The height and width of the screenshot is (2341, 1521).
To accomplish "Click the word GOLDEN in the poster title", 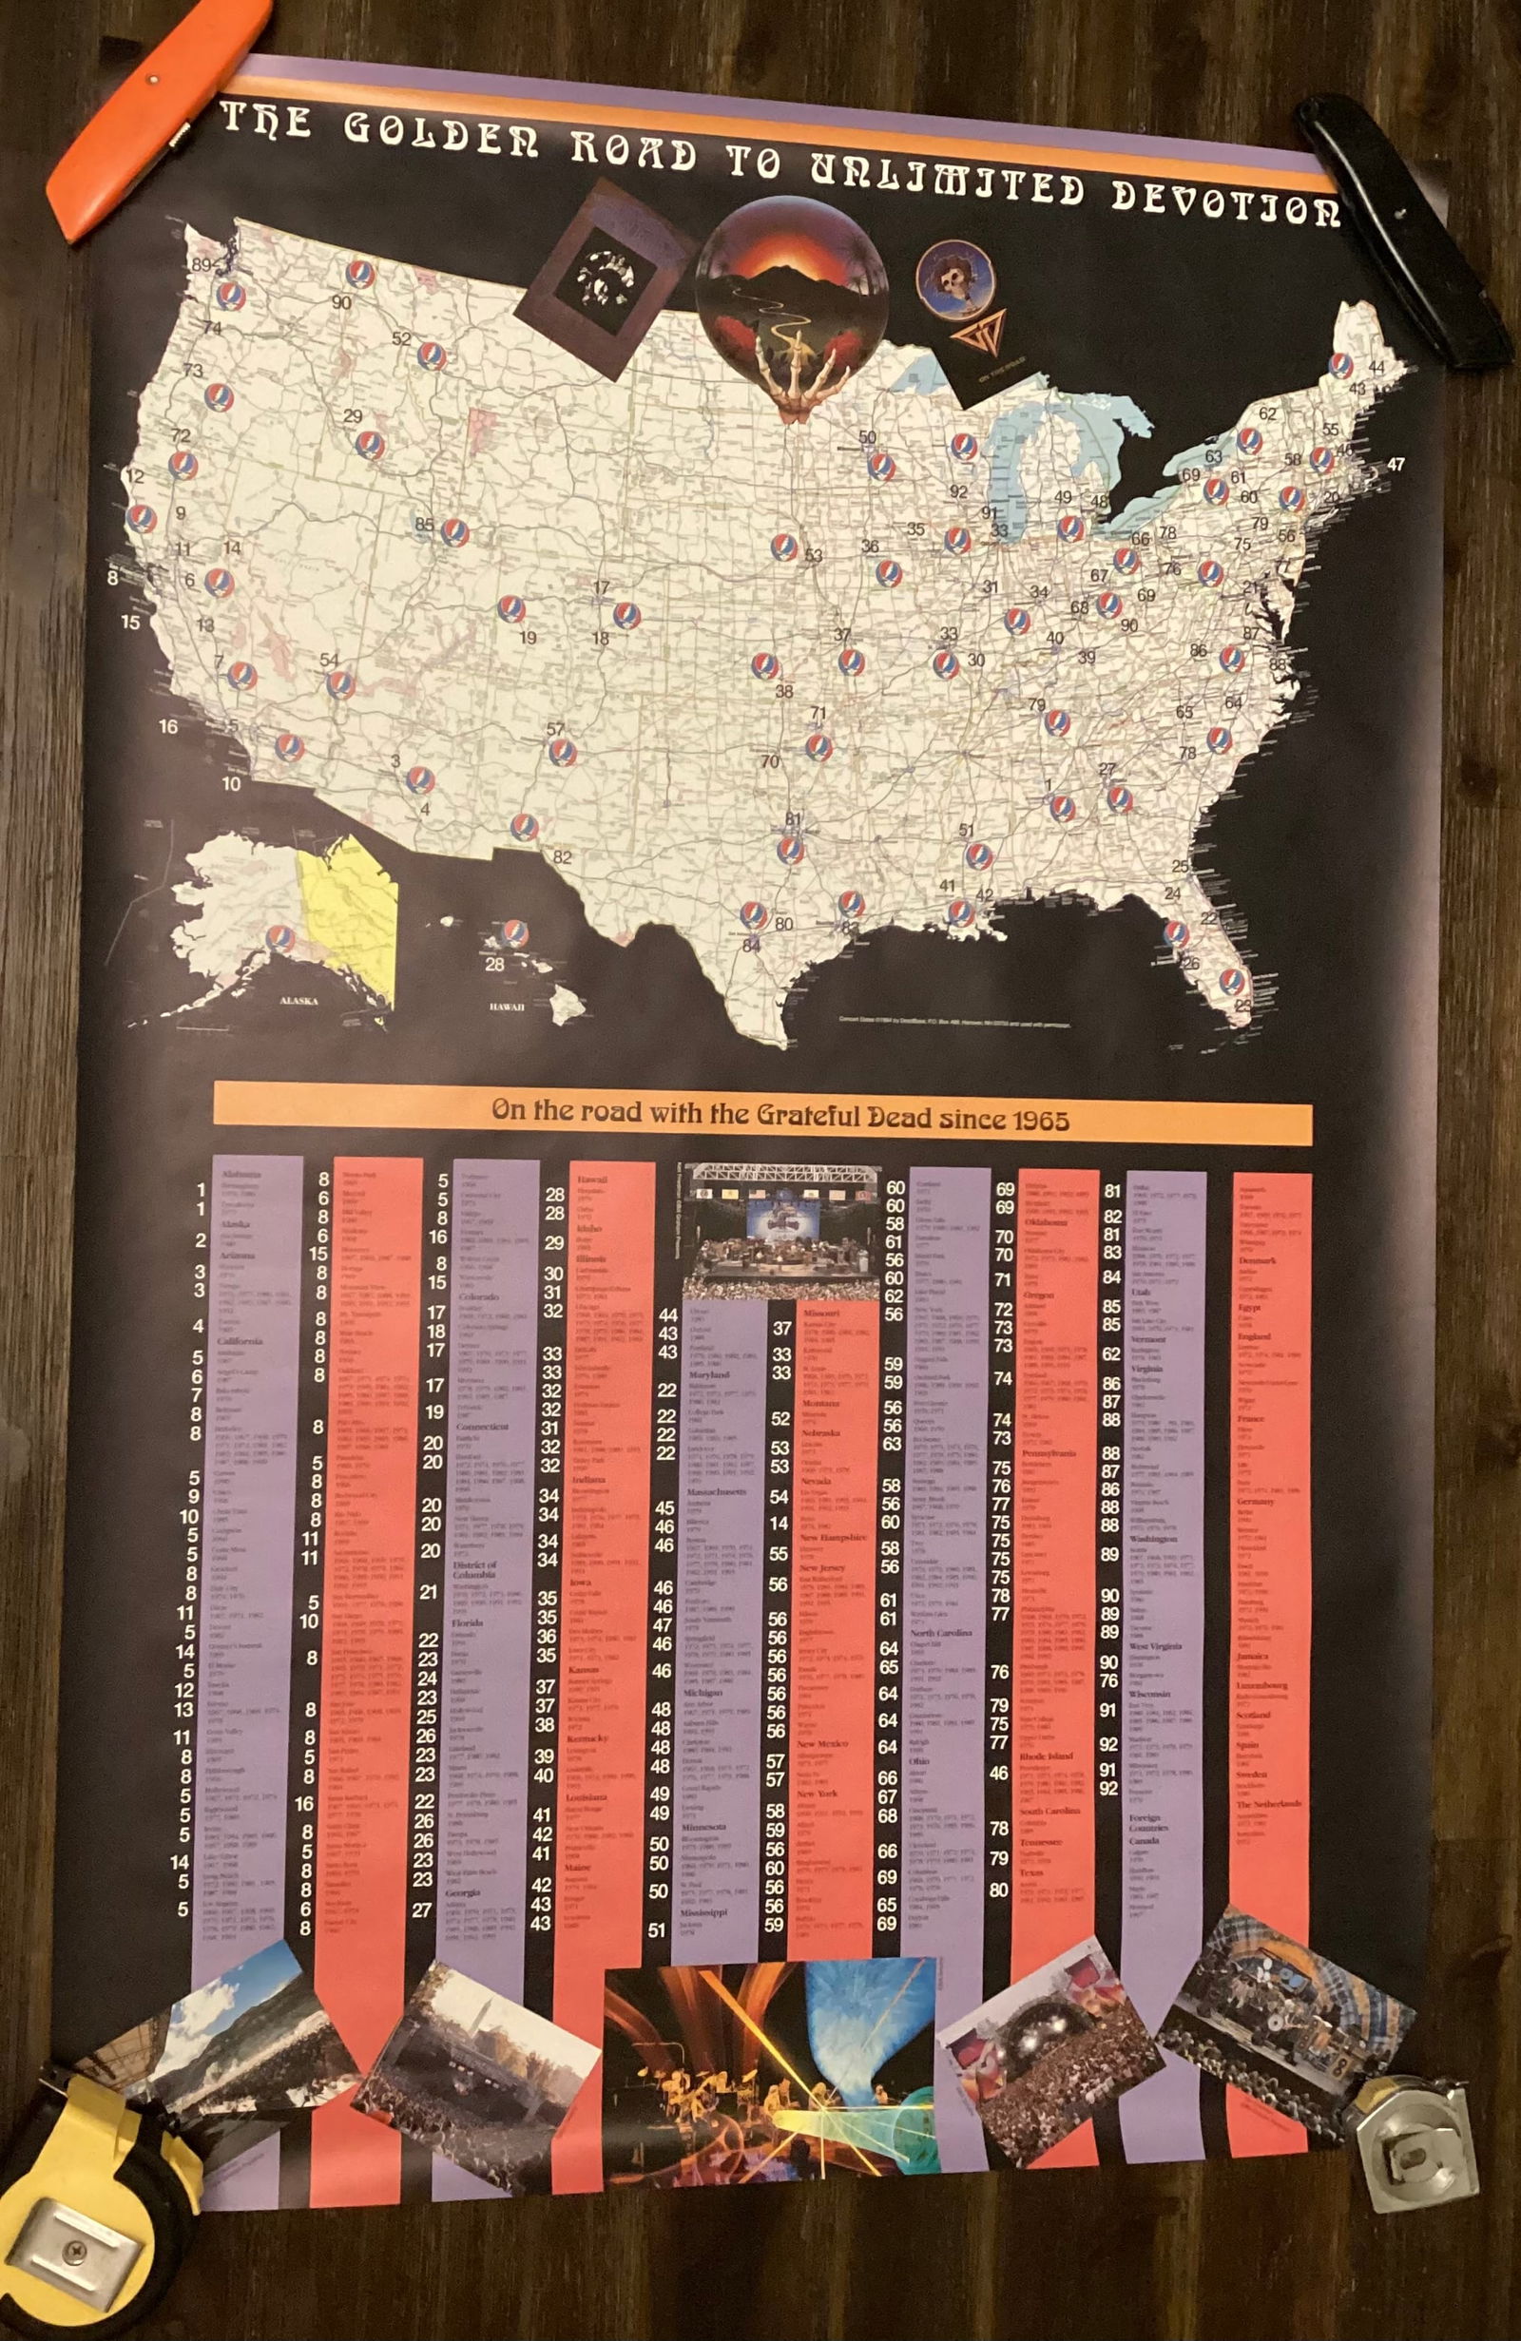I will click(x=441, y=134).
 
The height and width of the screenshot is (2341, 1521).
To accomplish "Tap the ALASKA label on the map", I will click(x=298, y=1000).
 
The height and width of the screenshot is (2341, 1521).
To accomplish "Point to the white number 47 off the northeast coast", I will click(x=1396, y=464).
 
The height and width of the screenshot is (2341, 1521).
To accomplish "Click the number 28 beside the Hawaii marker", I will click(x=495, y=964).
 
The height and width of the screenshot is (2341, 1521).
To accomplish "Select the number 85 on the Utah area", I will click(x=424, y=525).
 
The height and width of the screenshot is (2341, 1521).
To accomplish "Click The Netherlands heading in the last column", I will click(x=1269, y=1804).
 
